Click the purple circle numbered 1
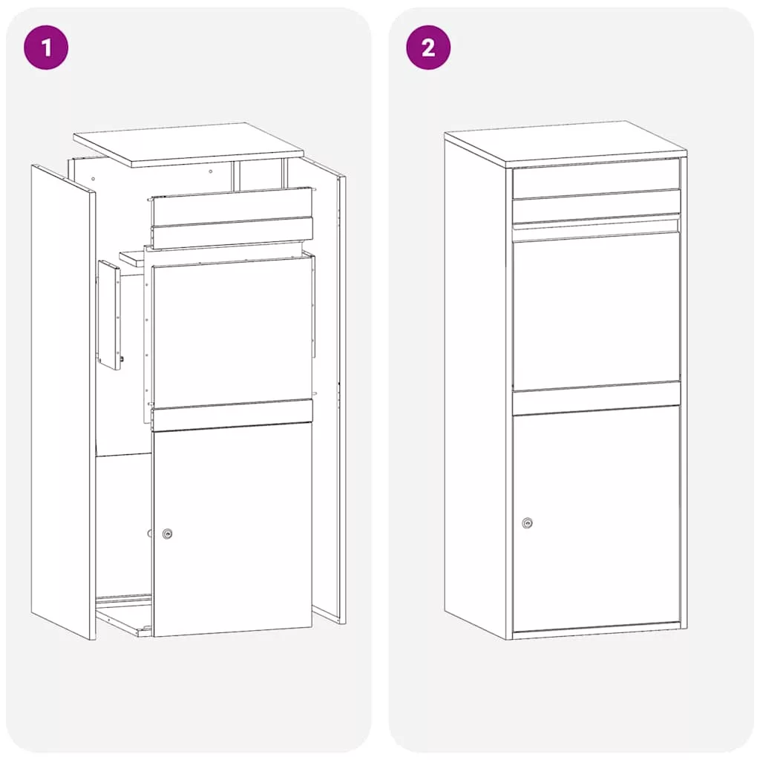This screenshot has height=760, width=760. click(x=46, y=47)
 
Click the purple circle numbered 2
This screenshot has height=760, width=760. click(x=428, y=47)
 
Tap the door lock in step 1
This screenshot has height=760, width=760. click(x=167, y=534)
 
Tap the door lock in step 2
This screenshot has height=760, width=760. click(x=528, y=523)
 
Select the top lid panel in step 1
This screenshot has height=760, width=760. click(x=189, y=145)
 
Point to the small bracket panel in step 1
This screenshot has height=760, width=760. click(x=110, y=315)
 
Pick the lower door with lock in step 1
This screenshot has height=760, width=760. click(x=232, y=532)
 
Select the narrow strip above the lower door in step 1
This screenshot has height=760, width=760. click(x=232, y=416)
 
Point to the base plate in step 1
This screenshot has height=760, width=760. click(x=124, y=615)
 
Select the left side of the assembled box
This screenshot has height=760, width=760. click(x=475, y=387)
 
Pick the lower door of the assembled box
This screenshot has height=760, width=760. click(x=596, y=520)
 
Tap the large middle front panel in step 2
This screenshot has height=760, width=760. click(x=596, y=310)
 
